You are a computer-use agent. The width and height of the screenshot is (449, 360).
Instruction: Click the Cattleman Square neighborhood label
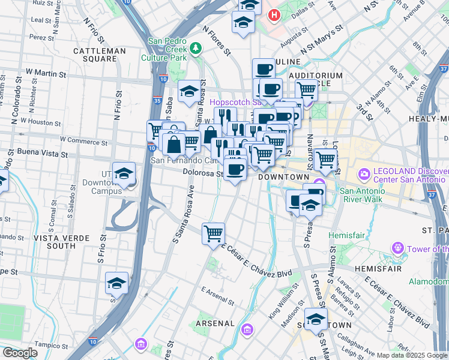(100, 55)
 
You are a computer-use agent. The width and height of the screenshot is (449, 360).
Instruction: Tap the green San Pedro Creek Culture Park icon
(195, 47)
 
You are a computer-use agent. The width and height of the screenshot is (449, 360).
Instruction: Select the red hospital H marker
(274, 14)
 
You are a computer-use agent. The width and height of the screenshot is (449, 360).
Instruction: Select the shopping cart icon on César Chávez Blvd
(213, 233)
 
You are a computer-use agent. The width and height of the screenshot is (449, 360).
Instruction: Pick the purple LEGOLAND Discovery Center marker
(364, 175)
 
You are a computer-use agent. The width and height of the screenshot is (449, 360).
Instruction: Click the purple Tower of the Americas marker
(397, 248)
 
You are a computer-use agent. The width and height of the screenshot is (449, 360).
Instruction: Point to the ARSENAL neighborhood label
(215, 323)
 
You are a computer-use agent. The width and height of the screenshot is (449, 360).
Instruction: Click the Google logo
(20, 353)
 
